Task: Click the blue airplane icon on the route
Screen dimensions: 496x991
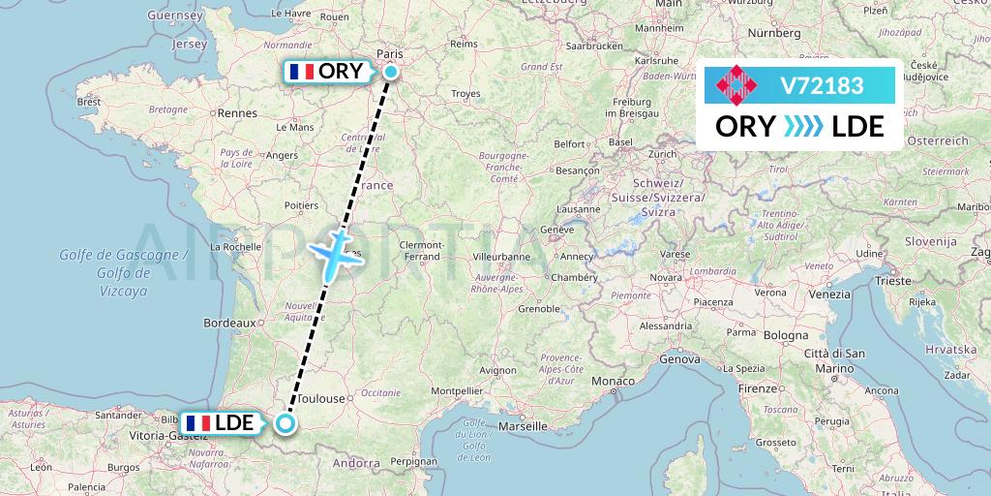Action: (x=334, y=254)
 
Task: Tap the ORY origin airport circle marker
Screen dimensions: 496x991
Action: (x=390, y=72)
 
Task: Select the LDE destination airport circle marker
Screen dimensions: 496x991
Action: (x=285, y=422)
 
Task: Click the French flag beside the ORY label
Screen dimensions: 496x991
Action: (x=302, y=72)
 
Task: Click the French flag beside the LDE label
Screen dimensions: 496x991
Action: (x=197, y=423)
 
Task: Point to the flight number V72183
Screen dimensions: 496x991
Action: (x=822, y=86)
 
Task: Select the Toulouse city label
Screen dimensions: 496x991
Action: (x=321, y=398)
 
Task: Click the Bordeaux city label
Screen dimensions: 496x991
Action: (x=228, y=323)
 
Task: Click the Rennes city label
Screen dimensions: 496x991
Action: (x=238, y=113)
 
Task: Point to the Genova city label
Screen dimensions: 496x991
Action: (x=679, y=359)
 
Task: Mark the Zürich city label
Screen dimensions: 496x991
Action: (x=663, y=154)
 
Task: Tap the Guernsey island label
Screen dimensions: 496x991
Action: (x=174, y=16)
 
